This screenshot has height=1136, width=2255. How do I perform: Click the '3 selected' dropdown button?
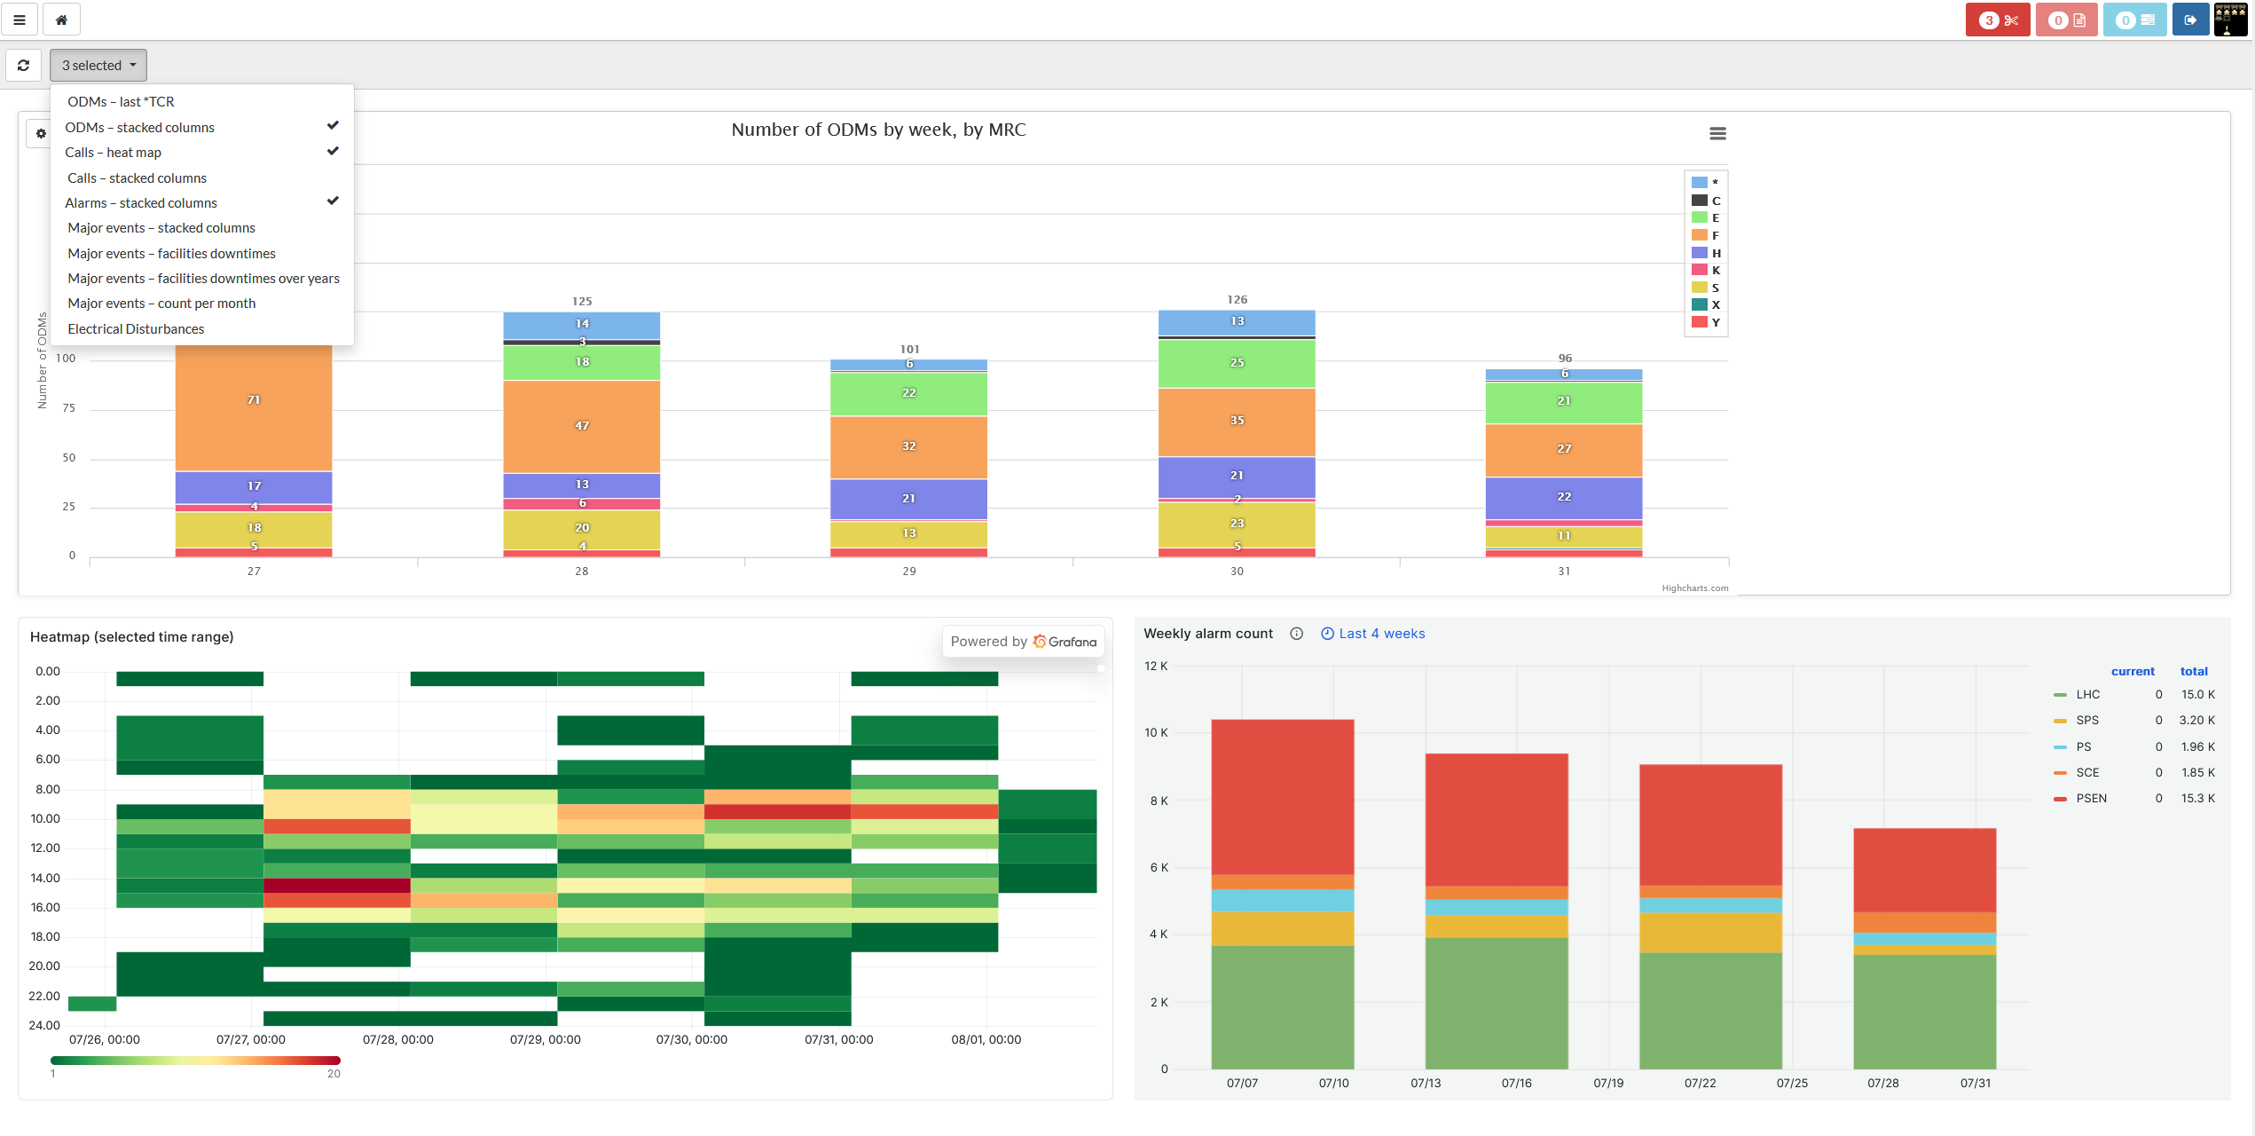click(98, 65)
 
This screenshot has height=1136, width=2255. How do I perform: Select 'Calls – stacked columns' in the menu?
click(137, 178)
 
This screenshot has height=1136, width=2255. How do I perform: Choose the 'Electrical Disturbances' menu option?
click(136, 329)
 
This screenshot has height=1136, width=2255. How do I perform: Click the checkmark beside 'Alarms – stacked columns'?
click(333, 201)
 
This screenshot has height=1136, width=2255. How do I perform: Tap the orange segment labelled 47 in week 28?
click(582, 426)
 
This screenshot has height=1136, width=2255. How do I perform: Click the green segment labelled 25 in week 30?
click(1237, 363)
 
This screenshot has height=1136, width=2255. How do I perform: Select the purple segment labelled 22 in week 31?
click(1564, 497)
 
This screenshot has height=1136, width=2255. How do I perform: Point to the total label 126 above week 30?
click(1237, 300)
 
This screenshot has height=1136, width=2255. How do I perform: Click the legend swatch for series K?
click(1700, 270)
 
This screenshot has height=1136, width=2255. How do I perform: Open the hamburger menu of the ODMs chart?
click(1717, 133)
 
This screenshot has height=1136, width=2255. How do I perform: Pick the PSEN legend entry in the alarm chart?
click(2080, 799)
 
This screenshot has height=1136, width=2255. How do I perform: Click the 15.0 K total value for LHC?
click(2198, 695)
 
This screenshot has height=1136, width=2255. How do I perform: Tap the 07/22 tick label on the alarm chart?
click(1701, 1084)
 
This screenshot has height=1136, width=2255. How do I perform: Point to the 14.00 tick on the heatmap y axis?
click(45, 879)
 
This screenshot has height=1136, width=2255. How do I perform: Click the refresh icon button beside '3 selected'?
click(24, 65)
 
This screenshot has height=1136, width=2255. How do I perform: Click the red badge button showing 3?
click(1998, 20)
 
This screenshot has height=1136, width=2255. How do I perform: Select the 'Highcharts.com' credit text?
click(1695, 588)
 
